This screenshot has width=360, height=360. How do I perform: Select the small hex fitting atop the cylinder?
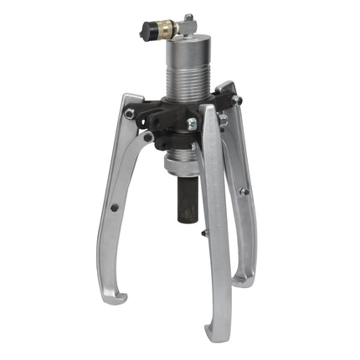[x=188, y=18]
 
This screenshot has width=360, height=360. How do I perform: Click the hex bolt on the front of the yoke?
[x=192, y=124]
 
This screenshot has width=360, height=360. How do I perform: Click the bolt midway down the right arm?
[x=244, y=192]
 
